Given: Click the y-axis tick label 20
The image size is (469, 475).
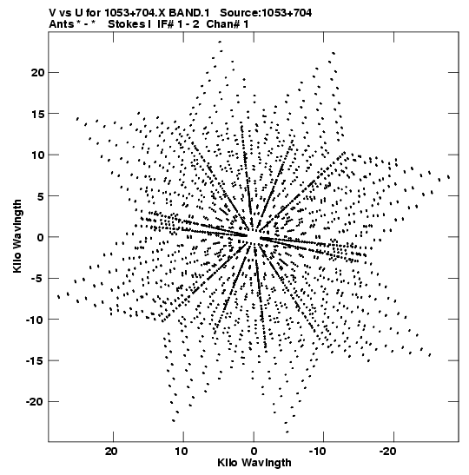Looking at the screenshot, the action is [37, 73].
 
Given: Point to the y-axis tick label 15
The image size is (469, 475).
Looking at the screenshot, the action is [37, 114].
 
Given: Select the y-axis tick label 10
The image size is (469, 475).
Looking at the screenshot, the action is [37, 155].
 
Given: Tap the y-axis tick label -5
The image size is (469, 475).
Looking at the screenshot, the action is [36, 279].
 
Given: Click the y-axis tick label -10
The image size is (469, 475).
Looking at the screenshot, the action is [35, 320].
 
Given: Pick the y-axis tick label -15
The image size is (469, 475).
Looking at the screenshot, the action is [35, 360].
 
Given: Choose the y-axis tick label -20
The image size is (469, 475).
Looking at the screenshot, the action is [35, 402].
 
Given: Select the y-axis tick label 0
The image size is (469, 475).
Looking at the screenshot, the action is [41, 237].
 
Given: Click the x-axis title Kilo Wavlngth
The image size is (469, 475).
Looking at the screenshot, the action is [254, 463].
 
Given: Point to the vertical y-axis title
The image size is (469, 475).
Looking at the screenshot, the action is [17, 236].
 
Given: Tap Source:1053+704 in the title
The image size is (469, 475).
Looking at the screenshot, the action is [266, 13].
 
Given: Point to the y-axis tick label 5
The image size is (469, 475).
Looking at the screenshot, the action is [41, 196].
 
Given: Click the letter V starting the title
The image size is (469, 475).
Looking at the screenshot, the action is [52, 13].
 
